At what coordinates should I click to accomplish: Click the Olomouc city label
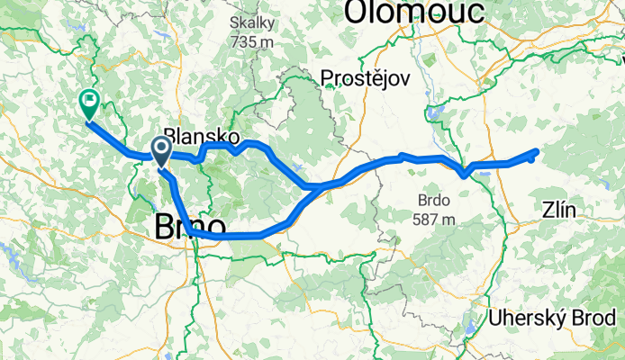(x=414, y=12)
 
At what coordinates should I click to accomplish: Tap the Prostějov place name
(x=365, y=78)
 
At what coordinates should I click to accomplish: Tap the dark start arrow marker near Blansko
(x=162, y=151)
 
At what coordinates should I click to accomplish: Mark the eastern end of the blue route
(x=537, y=151)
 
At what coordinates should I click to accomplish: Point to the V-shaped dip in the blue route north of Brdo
(x=463, y=174)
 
